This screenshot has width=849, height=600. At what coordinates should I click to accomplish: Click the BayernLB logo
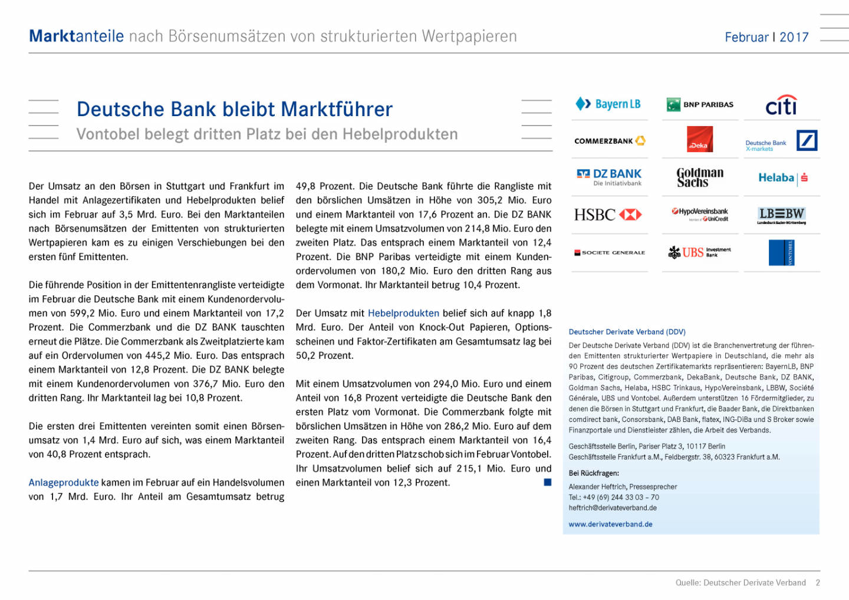click(x=608, y=104)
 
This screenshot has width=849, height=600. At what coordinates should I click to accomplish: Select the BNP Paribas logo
click(x=700, y=105)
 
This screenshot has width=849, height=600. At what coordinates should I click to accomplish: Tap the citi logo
click(x=781, y=106)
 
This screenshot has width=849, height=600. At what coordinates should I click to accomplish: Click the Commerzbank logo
click(x=610, y=141)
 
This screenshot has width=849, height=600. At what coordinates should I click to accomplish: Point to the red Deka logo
click(x=700, y=140)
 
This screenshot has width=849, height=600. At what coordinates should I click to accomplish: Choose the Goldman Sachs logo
click(x=700, y=177)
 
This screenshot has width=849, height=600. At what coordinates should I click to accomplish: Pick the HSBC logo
click(x=608, y=215)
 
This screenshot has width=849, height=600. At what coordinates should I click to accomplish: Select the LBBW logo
click(x=782, y=215)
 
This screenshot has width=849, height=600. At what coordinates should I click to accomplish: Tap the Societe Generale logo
click(x=610, y=252)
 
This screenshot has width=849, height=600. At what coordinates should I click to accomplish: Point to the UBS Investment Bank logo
click(x=700, y=252)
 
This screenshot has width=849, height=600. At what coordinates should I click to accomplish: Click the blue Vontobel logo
click(x=782, y=252)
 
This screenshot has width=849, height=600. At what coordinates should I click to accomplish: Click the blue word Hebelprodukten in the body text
click(x=403, y=313)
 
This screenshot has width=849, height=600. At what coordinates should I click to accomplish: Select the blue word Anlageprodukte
click(x=64, y=482)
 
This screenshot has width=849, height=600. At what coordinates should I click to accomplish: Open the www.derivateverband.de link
click(x=610, y=524)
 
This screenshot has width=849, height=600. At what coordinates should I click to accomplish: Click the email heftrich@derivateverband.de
click(x=613, y=507)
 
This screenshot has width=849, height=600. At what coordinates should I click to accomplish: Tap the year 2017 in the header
click(x=794, y=37)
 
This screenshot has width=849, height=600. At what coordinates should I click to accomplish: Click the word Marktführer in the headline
click(x=337, y=109)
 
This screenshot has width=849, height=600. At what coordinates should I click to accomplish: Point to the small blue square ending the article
click(x=547, y=482)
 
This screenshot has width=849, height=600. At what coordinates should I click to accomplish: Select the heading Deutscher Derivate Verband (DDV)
click(x=627, y=332)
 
